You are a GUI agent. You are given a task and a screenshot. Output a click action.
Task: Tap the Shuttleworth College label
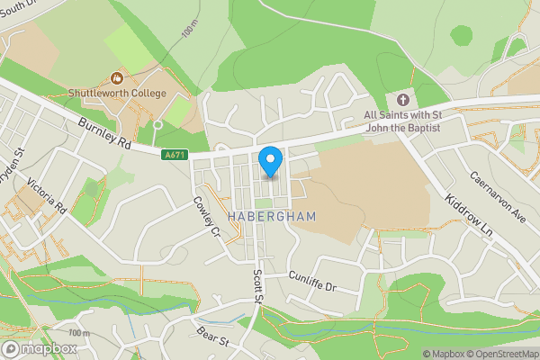118,94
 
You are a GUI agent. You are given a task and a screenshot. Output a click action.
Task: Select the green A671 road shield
175,156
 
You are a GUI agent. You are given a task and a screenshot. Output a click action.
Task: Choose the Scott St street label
258,286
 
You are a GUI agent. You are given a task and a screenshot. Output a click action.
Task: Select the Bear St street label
212,340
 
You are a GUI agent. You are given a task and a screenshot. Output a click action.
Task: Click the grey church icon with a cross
402,99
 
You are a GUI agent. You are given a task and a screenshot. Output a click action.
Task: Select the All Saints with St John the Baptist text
402,121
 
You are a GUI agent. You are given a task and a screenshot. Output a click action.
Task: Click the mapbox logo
40,348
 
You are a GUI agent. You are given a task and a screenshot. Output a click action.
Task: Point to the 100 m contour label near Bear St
79,333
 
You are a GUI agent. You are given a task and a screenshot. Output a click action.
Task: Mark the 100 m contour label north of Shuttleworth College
189,30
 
